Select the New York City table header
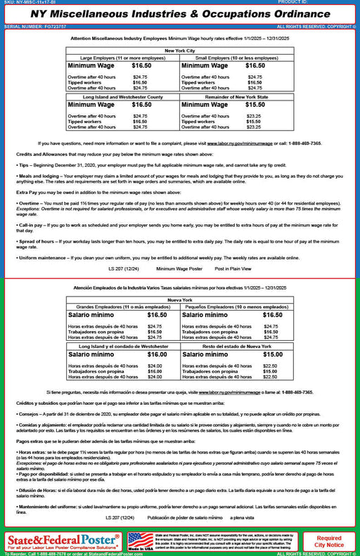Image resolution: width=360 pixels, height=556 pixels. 179,51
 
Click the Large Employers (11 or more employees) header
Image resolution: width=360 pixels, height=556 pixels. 122,58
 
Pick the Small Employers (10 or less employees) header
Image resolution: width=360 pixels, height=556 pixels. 236,58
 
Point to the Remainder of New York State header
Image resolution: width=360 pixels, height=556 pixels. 236,97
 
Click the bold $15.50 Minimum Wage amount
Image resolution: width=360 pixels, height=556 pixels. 255,105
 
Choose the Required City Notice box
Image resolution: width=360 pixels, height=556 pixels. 329,541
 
